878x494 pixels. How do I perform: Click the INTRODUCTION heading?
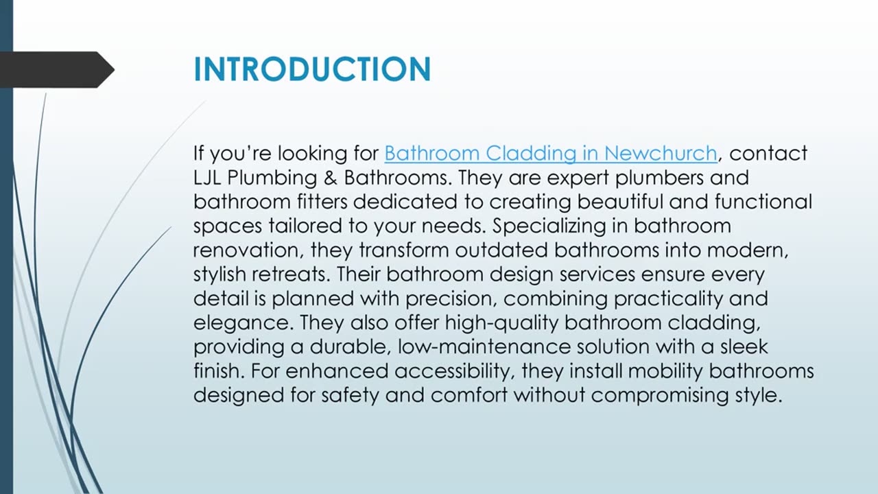pos(312,69)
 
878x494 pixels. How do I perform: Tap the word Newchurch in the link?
pos(661,153)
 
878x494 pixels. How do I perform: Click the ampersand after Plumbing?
pos(331,178)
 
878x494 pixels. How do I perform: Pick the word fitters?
pos(322,202)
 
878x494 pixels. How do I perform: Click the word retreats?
pos(292,274)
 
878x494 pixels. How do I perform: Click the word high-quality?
pos(501,323)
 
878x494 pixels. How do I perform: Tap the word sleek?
pos(744,347)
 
